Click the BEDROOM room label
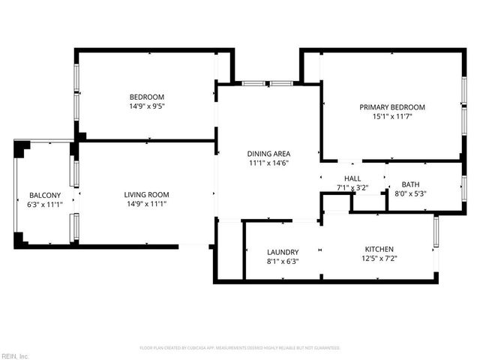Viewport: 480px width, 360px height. (147, 97)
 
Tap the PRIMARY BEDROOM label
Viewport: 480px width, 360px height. (391, 107)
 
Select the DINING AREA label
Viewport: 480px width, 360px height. (268, 154)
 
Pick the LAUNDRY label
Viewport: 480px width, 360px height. (283, 252)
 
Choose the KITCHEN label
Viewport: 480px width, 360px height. (379, 249)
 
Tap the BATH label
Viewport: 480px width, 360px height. (410, 184)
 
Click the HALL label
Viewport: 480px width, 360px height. (352, 178)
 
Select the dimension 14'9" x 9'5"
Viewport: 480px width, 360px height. (147, 106)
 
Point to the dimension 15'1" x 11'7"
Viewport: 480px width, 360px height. (391, 117)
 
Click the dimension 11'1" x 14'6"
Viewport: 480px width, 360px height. (268, 163)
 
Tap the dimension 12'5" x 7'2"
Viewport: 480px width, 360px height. (379, 259)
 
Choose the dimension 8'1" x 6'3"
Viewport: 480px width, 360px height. (283, 262)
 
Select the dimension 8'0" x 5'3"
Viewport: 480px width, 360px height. (410, 194)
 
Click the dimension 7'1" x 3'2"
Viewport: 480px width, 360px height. (352, 187)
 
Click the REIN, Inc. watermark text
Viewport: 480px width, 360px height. (15, 355)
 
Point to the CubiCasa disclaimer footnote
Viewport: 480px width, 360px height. (240, 348)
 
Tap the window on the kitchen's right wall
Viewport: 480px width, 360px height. (435, 233)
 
